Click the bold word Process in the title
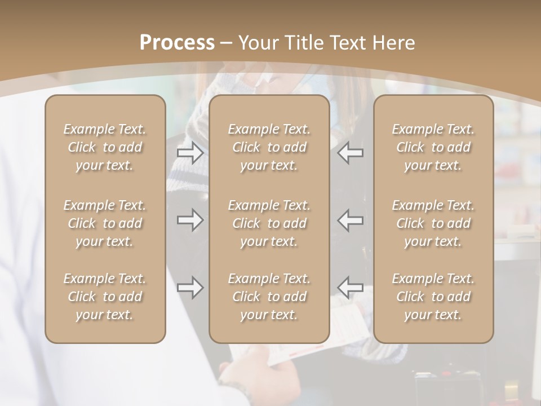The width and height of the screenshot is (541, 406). (177, 43)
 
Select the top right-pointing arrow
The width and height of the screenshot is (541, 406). (190, 153)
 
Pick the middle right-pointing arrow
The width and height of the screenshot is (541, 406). (190, 219)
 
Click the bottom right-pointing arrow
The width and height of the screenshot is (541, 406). (190, 288)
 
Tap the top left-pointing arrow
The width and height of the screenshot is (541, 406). (351, 153)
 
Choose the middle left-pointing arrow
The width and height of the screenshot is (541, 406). (351, 219)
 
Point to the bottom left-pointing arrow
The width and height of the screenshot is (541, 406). (351, 286)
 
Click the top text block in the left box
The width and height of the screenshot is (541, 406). (105, 147)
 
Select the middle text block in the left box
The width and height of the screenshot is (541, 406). (105, 223)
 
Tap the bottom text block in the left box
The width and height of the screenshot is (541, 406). (105, 297)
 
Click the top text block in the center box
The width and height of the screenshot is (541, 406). (269, 147)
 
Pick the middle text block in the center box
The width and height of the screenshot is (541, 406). (269, 223)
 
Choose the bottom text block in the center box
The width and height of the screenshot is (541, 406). (269, 297)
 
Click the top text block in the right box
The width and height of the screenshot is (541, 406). (433, 147)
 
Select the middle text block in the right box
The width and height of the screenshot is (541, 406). (433, 223)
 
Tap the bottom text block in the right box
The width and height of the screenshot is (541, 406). (433, 297)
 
